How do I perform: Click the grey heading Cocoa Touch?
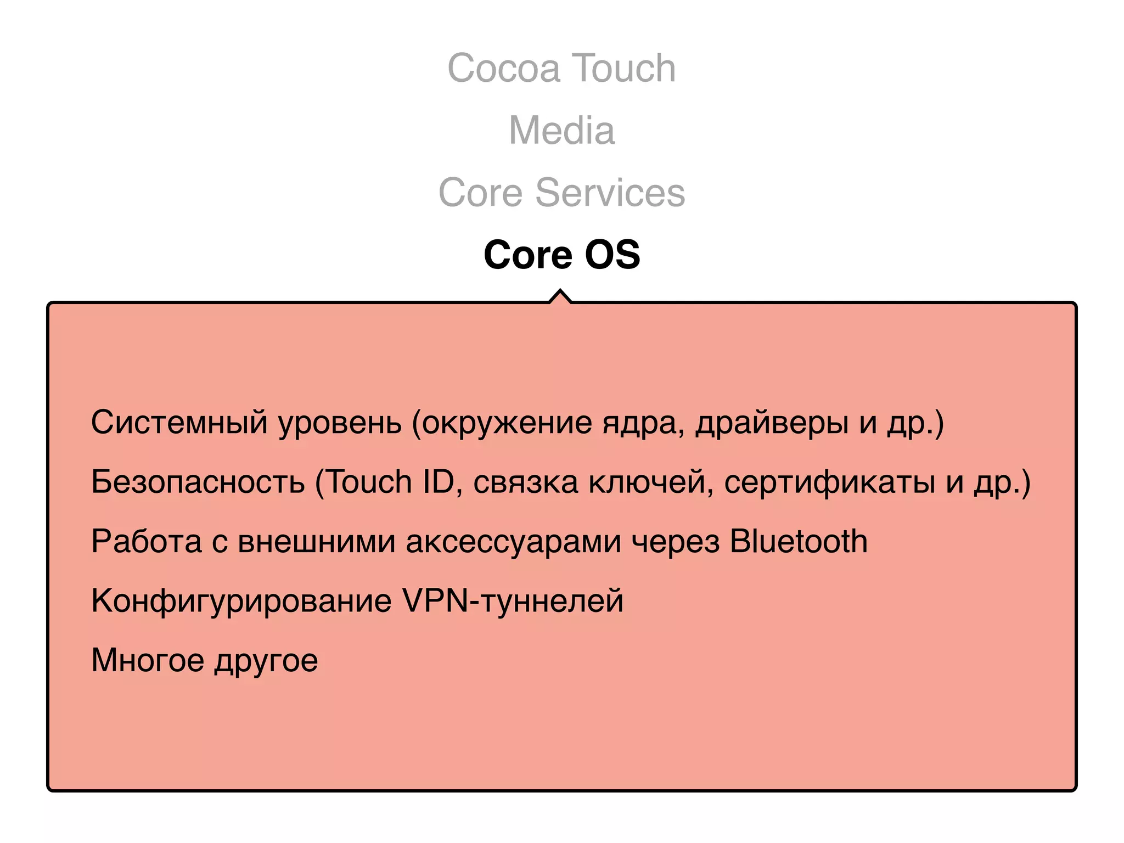[561, 68]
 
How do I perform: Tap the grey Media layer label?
[561, 131]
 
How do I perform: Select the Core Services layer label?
[561, 193]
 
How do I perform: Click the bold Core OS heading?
[561, 255]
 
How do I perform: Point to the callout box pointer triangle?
[560, 296]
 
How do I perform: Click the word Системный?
[179, 423]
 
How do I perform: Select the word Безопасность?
[198, 482]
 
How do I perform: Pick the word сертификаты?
[829, 482]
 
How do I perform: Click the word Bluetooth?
[799, 541]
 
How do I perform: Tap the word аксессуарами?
[513, 541]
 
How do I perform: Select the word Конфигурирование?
[241, 600]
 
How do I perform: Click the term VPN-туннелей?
[513, 600]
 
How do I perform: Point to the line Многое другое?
[204, 660]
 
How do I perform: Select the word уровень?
[340, 423]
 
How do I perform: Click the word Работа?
[147, 541]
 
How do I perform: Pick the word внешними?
[317, 541]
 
